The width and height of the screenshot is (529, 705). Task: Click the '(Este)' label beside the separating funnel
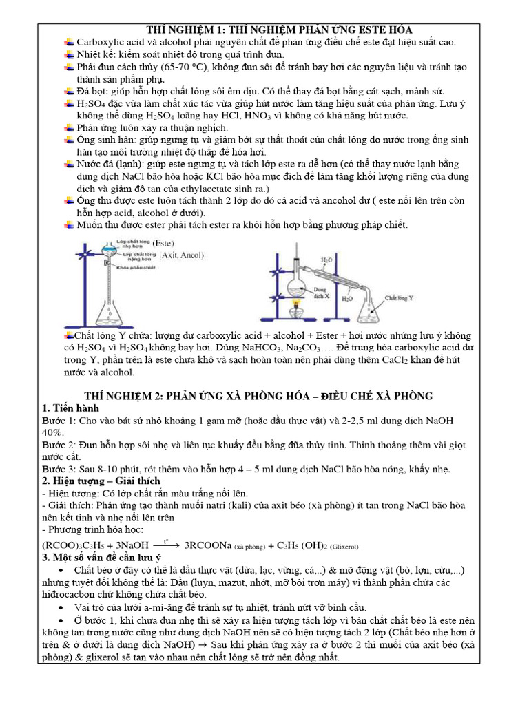[164, 243]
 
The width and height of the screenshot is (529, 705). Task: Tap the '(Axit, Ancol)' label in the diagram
[182, 255]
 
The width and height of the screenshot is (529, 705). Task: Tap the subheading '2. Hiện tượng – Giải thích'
[101, 481]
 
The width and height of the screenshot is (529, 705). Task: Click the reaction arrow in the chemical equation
[165, 544]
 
